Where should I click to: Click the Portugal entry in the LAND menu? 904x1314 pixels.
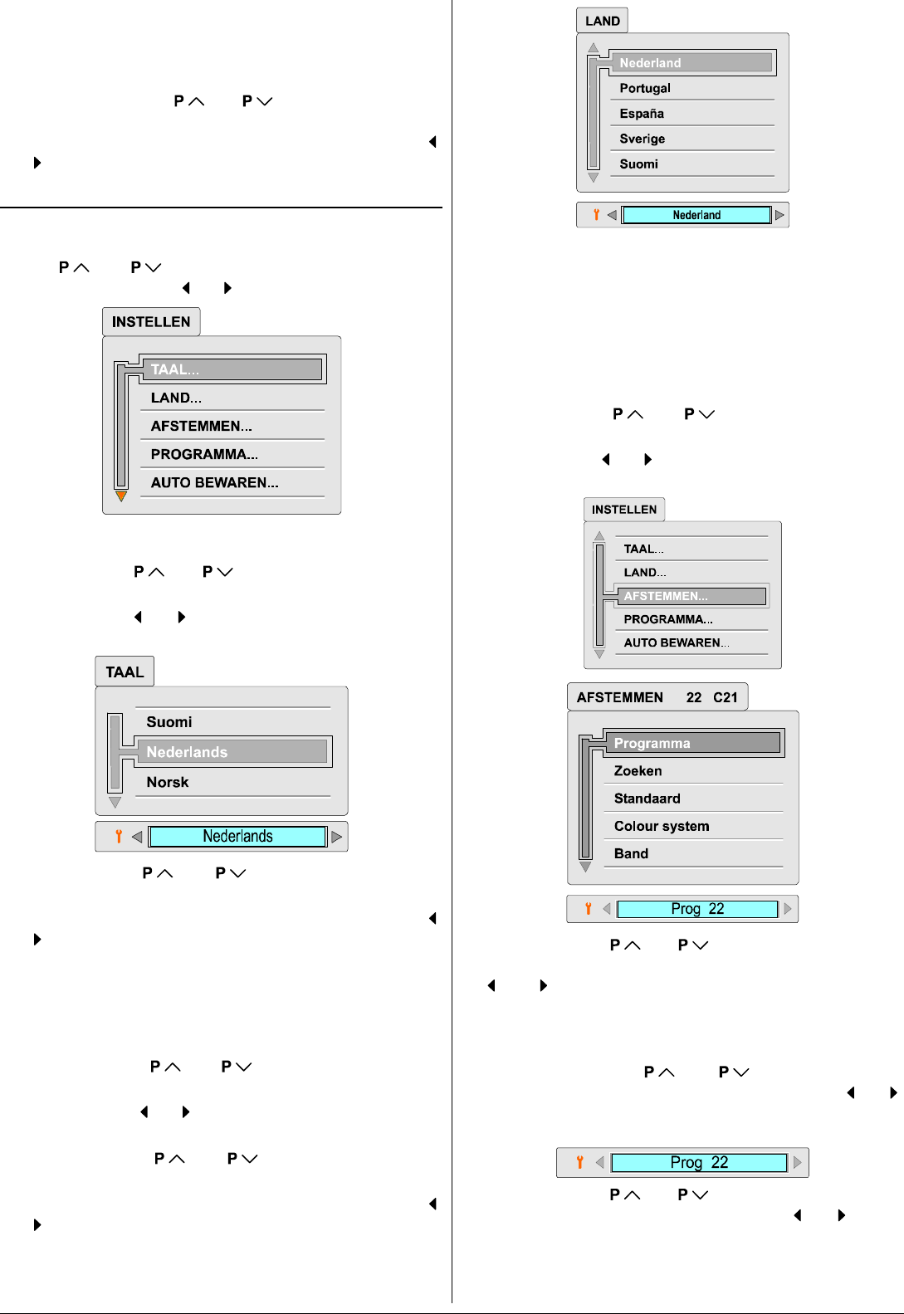(x=645, y=88)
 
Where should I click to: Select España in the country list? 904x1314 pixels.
(x=642, y=113)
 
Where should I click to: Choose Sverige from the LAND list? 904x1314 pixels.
(x=642, y=139)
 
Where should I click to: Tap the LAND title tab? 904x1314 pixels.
(x=602, y=21)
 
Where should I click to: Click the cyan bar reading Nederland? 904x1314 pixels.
(x=696, y=215)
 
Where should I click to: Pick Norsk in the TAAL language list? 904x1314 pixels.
(x=168, y=782)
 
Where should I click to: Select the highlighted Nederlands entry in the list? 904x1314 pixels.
(x=187, y=752)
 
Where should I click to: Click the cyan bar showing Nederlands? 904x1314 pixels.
(x=237, y=836)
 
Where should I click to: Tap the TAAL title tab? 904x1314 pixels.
(x=125, y=672)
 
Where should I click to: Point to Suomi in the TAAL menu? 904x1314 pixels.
(x=169, y=722)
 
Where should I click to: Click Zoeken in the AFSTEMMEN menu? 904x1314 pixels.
(x=638, y=770)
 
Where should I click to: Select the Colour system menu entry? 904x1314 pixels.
(x=662, y=826)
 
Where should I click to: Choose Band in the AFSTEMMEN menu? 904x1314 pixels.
(x=631, y=853)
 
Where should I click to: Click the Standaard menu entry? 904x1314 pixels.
(x=647, y=799)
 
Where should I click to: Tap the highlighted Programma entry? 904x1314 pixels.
(x=652, y=743)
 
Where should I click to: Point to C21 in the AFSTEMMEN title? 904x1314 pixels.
(x=725, y=697)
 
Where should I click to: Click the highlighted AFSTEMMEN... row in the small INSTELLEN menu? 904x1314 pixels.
(x=666, y=596)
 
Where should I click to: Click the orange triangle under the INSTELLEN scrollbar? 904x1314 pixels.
(x=121, y=496)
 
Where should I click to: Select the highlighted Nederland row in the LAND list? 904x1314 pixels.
(x=650, y=63)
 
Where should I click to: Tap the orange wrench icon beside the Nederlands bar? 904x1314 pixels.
(x=119, y=836)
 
